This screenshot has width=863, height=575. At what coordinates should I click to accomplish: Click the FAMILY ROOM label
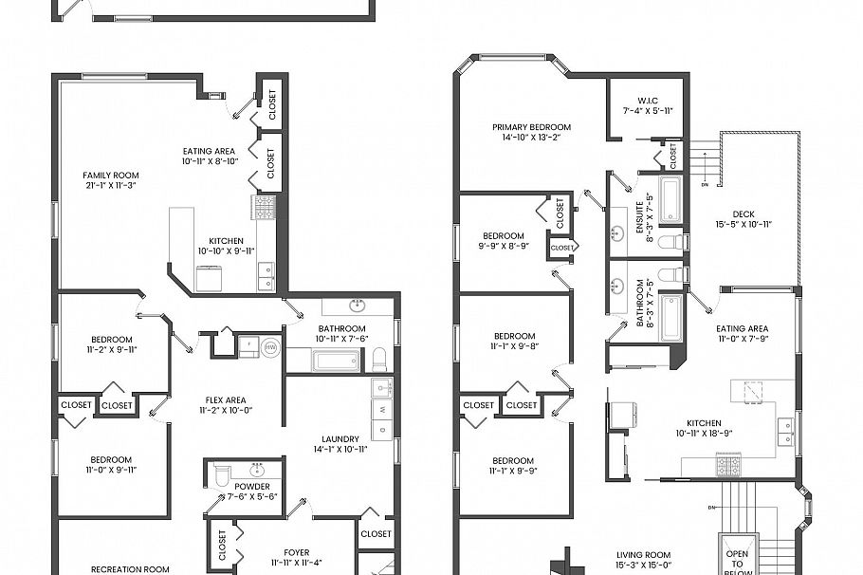click(x=110, y=175)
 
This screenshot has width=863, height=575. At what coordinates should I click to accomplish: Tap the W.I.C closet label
click(x=648, y=101)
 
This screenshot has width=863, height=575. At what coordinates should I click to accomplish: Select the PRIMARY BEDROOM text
click(x=531, y=127)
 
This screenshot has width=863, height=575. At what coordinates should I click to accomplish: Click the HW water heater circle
click(x=270, y=347)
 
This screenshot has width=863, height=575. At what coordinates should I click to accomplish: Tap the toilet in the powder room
click(x=218, y=473)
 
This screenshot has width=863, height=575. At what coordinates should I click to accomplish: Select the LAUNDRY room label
click(x=340, y=438)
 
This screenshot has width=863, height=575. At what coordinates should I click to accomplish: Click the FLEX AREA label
click(x=222, y=400)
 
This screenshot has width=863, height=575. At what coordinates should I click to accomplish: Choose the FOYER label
click(x=296, y=552)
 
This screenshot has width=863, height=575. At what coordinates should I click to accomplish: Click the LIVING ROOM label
click(x=643, y=555)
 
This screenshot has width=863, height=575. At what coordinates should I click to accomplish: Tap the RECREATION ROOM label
click(x=130, y=569)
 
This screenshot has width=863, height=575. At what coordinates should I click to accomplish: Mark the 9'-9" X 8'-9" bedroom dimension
click(x=503, y=247)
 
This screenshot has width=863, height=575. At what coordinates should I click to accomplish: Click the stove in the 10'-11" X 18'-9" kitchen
click(x=727, y=465)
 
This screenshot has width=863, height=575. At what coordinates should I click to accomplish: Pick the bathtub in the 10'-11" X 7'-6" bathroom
click(x=324, y=361)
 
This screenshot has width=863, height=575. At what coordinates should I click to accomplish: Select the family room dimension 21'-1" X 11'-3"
click(x=110, y=186)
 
